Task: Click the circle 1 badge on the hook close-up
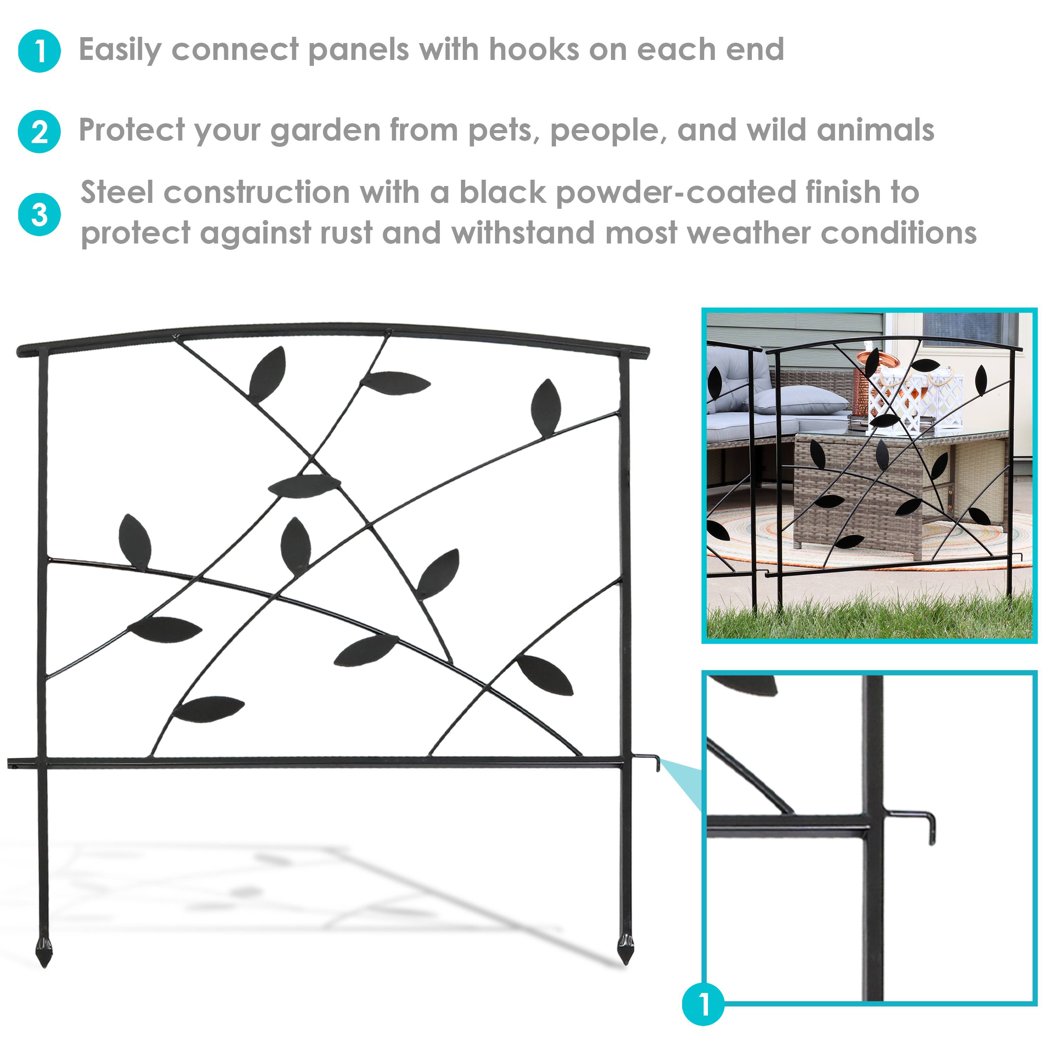[x=703, y=1004]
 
